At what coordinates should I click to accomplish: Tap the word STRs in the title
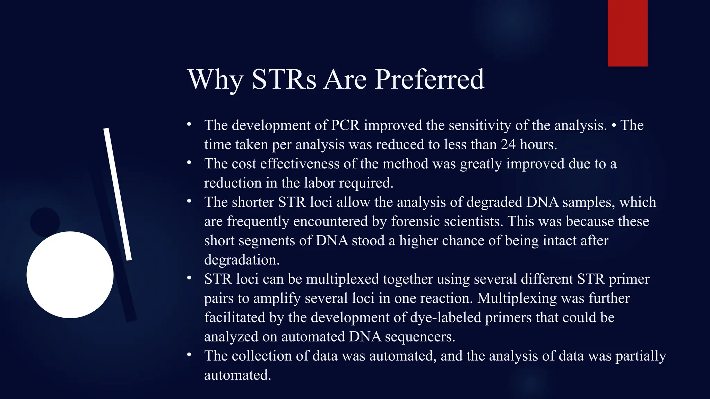click(x=284, y=80)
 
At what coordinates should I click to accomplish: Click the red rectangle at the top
click(x=627, y=33)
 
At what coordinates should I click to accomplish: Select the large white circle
click(x=70, y=275)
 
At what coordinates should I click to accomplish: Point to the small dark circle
click(x=45, y=222)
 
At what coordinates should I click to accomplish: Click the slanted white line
click(x=118, y=194)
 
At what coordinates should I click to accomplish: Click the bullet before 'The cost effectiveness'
click(x=189, y=162)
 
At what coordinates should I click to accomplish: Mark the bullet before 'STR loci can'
click(x=189, y=278)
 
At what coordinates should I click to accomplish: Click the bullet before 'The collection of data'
click(x=189, y=355)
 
